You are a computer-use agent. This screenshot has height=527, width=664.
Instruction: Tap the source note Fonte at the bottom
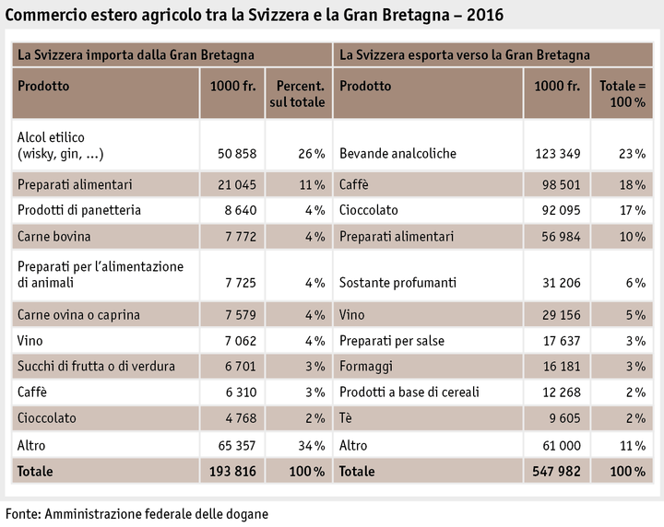(x=137, y=512)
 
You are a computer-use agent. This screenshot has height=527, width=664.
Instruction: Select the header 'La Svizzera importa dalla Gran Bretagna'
(x=136, y=55)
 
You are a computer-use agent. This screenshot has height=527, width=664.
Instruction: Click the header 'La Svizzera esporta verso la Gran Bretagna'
(x=465, y=55)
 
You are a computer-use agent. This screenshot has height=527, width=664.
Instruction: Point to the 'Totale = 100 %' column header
(x=622, y=94)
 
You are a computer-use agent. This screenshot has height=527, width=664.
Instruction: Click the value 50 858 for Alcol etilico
(x=228, y=154)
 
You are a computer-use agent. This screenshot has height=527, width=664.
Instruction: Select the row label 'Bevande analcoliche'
(x=397, y=154)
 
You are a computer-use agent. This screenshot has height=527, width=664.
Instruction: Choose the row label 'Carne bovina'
(x=53, y=237)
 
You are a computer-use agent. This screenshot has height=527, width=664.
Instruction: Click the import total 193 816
(x=228, y=472)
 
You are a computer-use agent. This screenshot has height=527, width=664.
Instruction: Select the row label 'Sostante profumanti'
(x=397, y=283)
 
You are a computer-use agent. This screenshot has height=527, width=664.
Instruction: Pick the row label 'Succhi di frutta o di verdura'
(x=96, y=367)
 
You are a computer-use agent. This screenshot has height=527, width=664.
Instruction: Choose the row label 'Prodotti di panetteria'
(x=79, y=210)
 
